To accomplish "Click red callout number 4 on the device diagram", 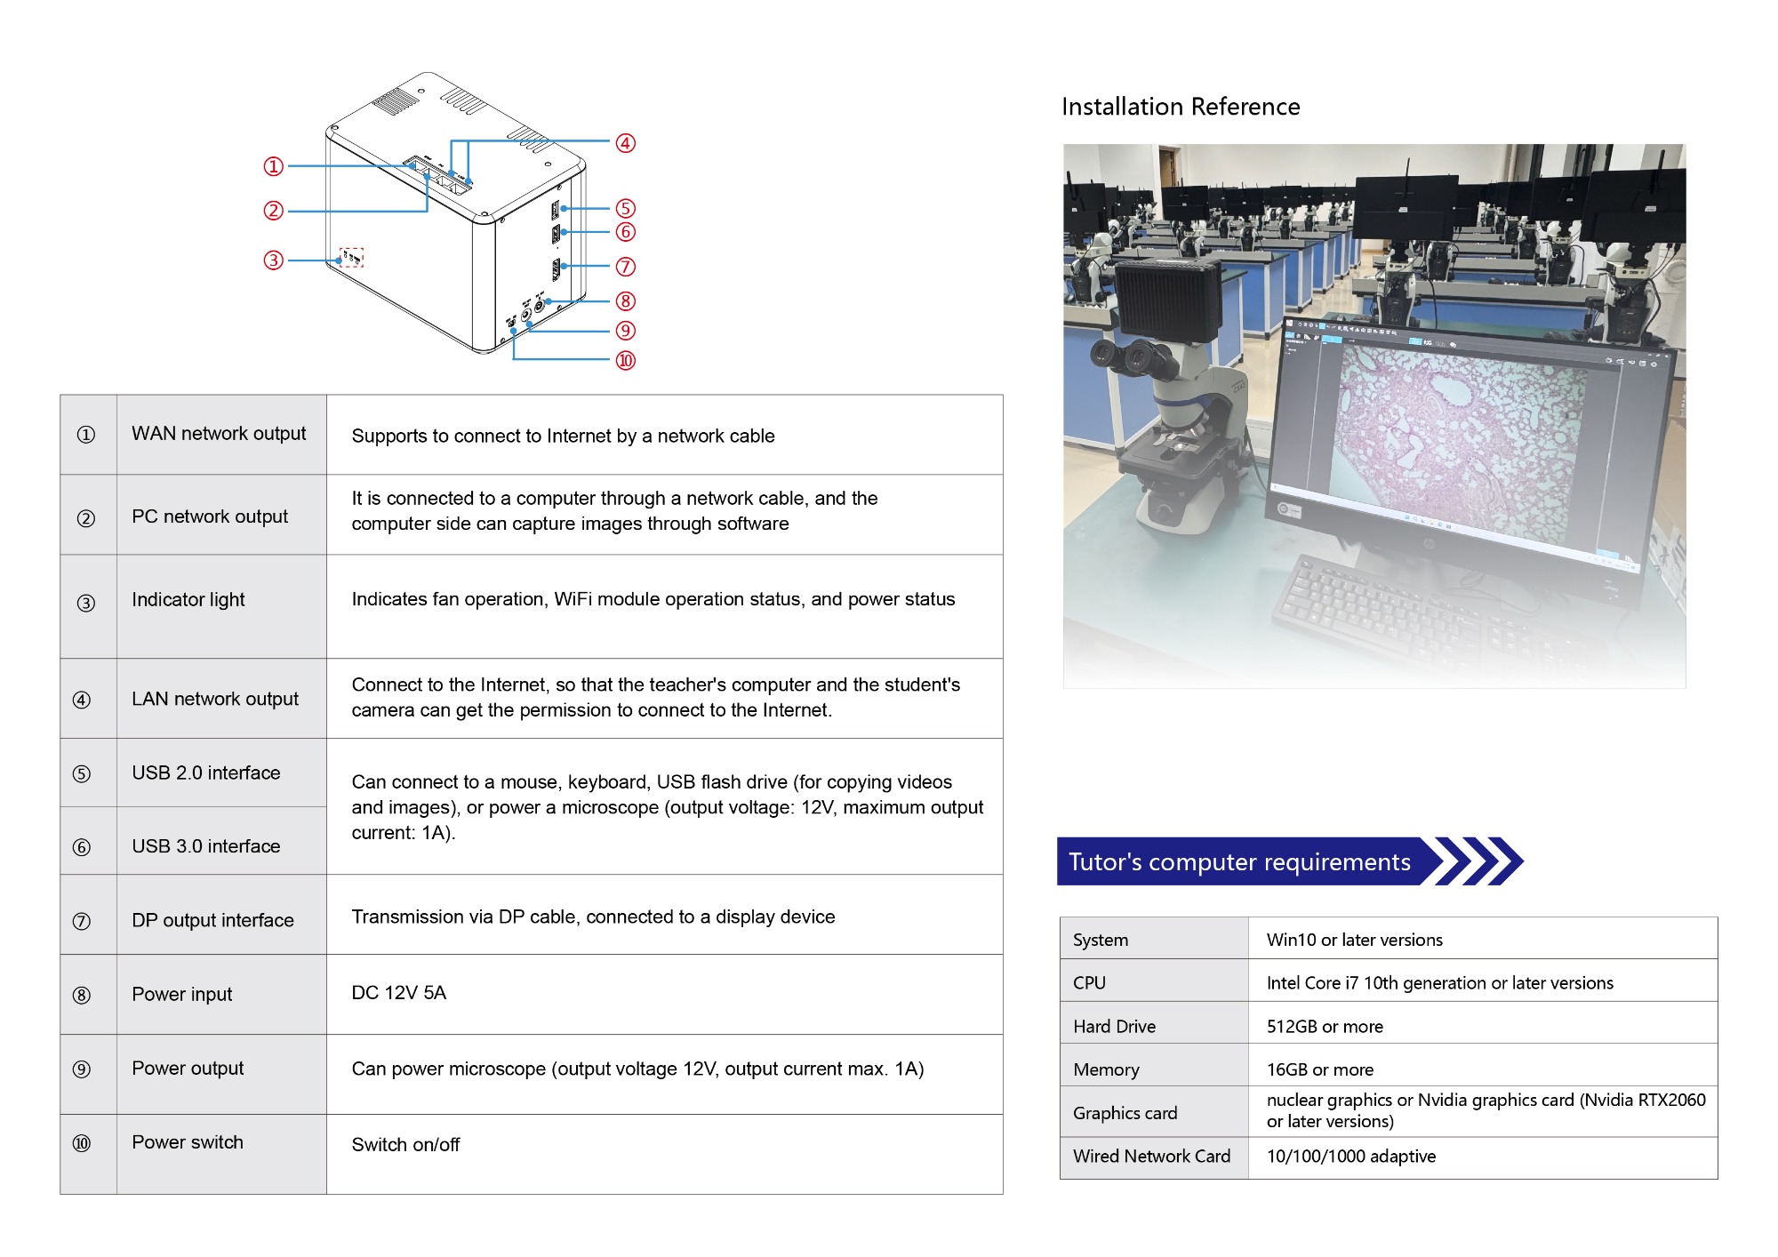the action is (626, 143).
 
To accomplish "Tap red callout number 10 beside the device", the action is (626, 360).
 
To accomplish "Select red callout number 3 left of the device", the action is (273, 260).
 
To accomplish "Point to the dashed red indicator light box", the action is (352, 257).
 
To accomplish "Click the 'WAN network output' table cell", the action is (219, 434).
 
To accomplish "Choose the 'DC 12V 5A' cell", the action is (398, 993).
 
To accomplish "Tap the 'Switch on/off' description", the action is (405, 1145).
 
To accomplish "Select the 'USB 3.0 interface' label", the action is (206, 846).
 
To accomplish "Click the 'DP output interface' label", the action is (212, 920).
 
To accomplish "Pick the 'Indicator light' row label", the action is (188, 600).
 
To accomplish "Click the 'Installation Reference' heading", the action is (1181, 107).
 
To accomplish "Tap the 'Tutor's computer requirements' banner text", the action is (1239, 862).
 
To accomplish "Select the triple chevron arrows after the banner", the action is (1478, 861).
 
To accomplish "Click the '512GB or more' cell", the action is (1325, 1027).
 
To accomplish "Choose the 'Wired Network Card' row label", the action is (1152, 1157).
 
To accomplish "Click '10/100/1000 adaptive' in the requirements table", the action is (1351, 1157).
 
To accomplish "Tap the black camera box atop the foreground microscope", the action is (1168, 301).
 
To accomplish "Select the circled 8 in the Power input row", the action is (82, 995).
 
